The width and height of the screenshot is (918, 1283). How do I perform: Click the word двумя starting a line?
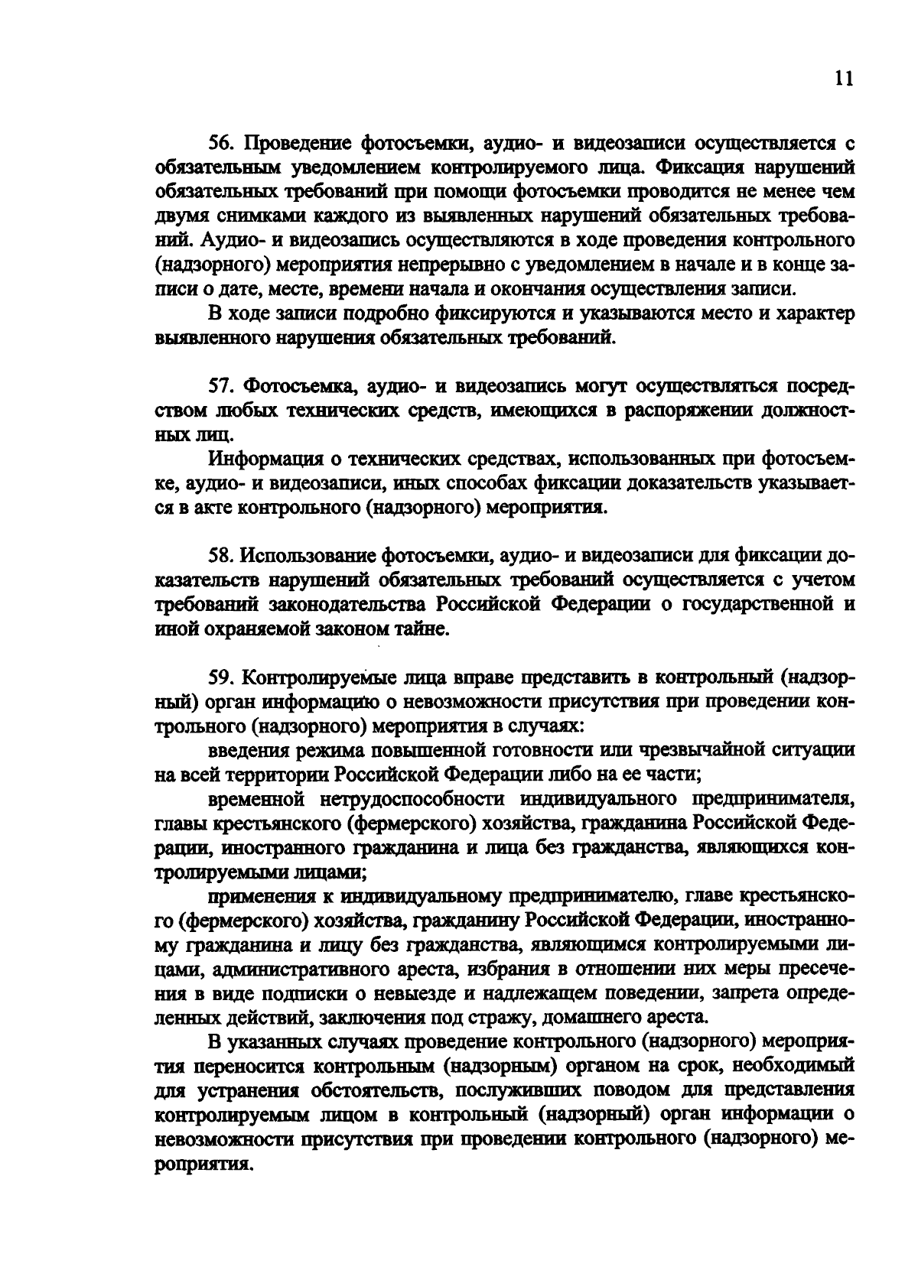click(x=180, y=216)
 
